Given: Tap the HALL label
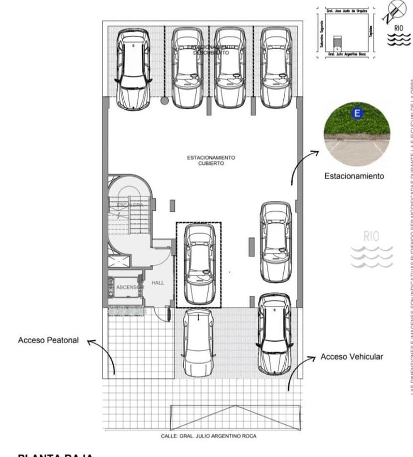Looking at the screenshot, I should (x=158, y=283).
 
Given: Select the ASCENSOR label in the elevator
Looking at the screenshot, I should (x=129, y=287).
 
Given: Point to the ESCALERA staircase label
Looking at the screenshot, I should (x=130, y=205).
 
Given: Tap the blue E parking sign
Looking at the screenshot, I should (x=357, y=113).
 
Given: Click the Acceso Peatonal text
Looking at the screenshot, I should (x=48, y=340).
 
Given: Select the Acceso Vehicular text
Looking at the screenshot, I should (x=352, y=357).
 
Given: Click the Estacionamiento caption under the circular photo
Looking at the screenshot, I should (x=354, y=176).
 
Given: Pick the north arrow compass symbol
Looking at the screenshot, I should (x=397, y=11).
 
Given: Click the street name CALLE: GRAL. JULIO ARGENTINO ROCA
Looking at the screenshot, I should (x=208, y=436).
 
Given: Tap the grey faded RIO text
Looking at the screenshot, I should (x=371, y=236).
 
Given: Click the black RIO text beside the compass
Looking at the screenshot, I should (x=398, y=28).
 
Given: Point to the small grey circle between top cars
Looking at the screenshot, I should (x=164, y=101).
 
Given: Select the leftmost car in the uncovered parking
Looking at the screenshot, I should (x=133, y=69).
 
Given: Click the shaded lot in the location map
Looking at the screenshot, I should (x=338, y=41).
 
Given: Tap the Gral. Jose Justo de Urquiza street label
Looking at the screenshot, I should (x=346, y=10).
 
